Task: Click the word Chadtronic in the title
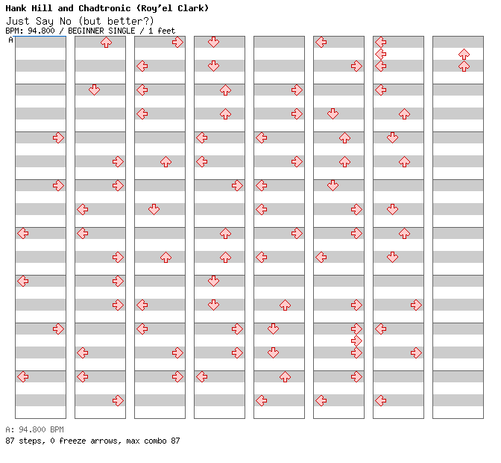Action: click(x=104, y=8)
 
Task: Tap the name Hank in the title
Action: click(x=16, y=8)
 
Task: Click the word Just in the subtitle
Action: click(x=18, y=21)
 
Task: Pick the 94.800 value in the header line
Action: click(x=41, y=31)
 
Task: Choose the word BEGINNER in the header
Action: click(x=86, y=31)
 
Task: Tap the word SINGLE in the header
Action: click(x=122, y=31)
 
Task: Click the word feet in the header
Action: click(x=166, y=31)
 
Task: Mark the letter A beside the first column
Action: click(x=10, y=40)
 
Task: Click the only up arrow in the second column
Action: click(x=106, y=43)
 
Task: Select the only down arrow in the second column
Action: click(x=94, y=90)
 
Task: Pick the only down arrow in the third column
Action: click(x=154, y=209)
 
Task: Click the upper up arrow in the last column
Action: click(x=464, y=54)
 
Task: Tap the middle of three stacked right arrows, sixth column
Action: click(x=356, y=341)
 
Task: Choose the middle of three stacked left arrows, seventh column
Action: click(x=380, y=54)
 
